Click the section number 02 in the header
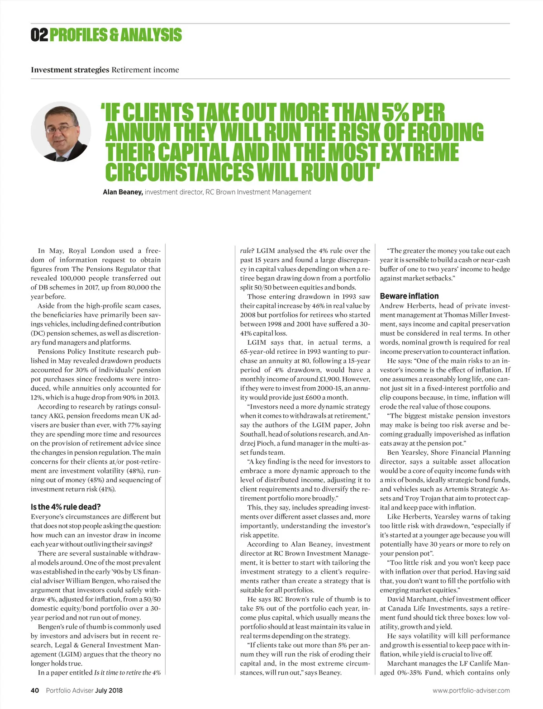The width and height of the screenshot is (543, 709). click(x=39, y=35)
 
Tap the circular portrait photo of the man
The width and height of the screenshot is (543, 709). click(x=61, y=132)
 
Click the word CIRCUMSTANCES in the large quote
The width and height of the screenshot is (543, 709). click(x=179, y=172)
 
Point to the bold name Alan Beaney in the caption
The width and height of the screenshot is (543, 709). click(x=123, y=192)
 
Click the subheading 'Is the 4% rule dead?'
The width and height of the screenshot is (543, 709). click(x=66, y=507)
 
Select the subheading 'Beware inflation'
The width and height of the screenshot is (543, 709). click(x=409, y=296)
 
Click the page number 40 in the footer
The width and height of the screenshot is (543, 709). click(x=35, y=690)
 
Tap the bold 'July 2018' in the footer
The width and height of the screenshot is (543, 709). click(x=109, y=690)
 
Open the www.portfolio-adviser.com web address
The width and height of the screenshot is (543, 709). click(x=471, y=690)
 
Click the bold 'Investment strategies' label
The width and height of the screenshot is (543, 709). click(x=70, y=70)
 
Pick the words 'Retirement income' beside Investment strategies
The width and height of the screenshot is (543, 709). click(x=145, y=70)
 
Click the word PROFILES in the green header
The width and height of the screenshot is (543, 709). click(x=77, y=35)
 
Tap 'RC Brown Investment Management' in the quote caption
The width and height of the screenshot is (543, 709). click(x=258, y=192)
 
